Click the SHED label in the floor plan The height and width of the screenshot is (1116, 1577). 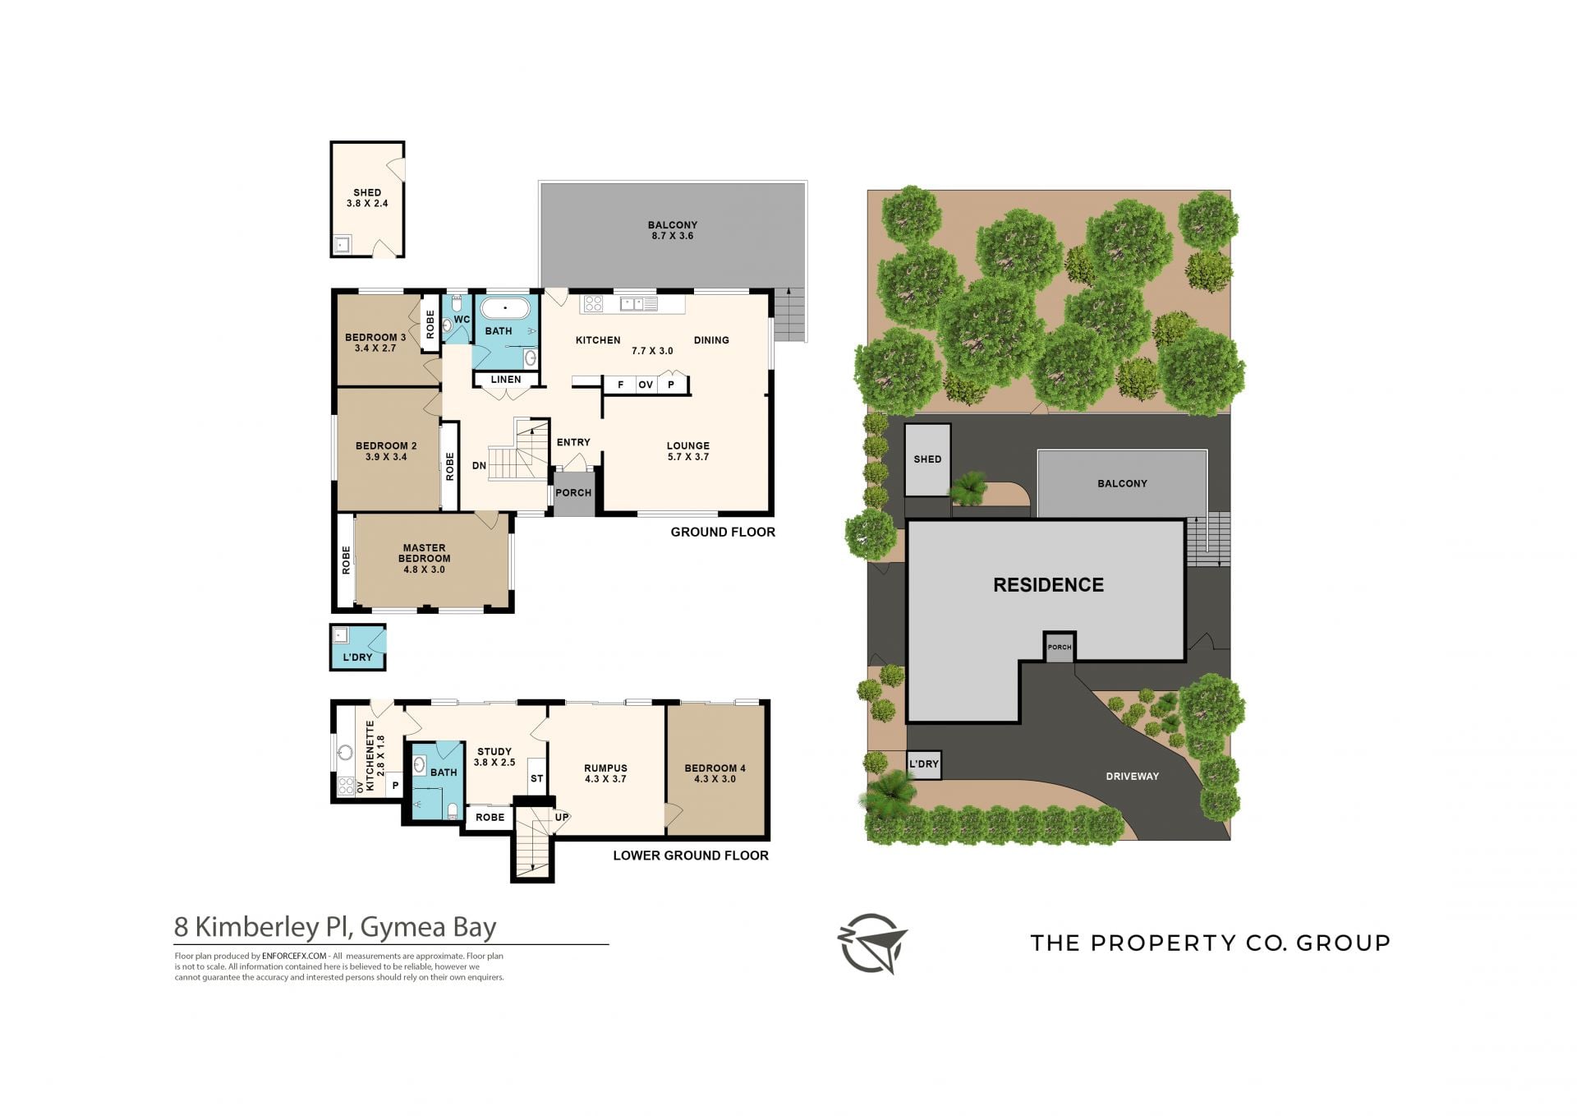(367, 192)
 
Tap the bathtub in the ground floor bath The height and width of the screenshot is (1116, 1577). (505, 309)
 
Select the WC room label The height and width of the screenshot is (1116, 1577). (462, 320)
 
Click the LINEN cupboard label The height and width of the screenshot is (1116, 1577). (506, 380)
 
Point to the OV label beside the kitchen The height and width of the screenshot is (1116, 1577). (646, 385)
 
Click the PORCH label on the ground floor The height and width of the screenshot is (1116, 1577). (573, 493)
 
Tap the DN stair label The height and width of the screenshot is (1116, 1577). (480, 466)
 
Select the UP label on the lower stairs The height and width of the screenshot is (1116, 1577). (562, 818)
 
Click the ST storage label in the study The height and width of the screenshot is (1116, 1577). (537, 778)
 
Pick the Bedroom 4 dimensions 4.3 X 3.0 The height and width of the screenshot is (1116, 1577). (715, 779)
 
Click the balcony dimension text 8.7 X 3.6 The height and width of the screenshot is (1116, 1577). (673, 236)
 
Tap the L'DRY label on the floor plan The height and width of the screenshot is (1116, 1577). (357, 657)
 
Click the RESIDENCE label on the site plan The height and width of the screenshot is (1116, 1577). (1048, 585)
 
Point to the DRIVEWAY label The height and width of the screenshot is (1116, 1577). (1132, 776)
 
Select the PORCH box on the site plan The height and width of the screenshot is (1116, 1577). (1060, 647)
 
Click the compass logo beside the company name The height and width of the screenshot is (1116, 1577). (872, 943)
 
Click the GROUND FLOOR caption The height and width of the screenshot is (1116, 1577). (723, 533)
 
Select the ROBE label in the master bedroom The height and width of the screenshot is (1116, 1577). (346, 560)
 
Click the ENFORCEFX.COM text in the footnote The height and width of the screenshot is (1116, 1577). (295, 956)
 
